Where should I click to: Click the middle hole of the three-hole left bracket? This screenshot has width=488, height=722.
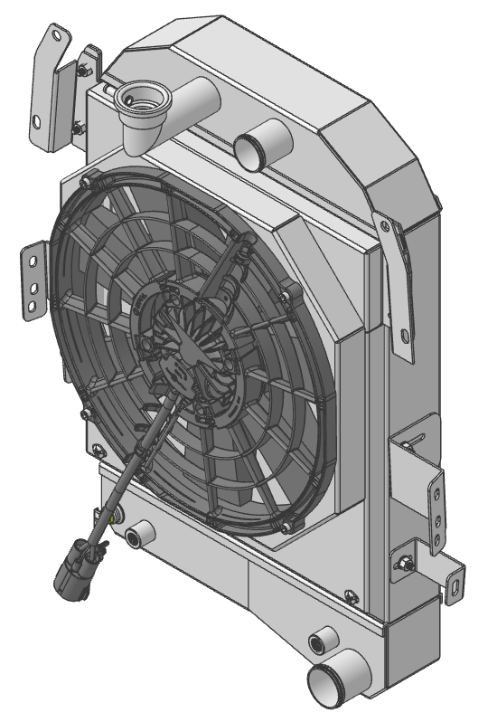[33, 289]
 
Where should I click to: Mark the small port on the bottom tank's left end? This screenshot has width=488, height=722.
[136, 536]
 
